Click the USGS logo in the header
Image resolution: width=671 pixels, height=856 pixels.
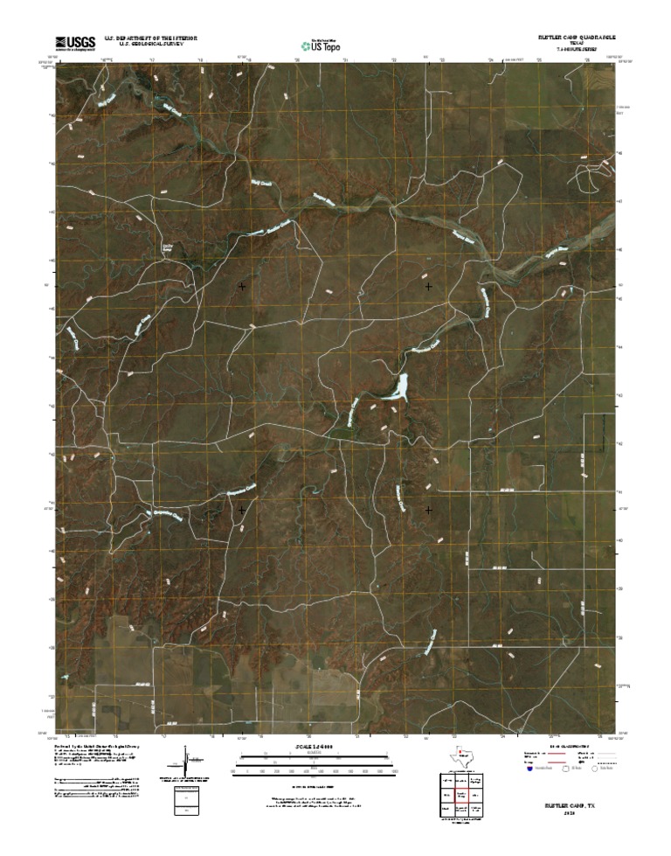(x=75, y=42)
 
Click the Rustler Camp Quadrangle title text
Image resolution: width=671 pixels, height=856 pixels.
(x=578, y=38)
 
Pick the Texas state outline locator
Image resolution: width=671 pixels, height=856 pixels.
(x=460, y=756)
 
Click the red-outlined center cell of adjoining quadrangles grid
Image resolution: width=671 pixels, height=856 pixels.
(x=460, y=795)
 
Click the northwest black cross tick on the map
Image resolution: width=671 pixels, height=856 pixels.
(x=241, y=286)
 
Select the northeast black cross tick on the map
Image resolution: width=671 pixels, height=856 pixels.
(x=428, y=286)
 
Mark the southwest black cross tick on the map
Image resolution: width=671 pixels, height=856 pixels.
(x=241, y=509)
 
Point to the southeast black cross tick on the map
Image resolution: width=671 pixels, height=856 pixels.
(x=428, y=509)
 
